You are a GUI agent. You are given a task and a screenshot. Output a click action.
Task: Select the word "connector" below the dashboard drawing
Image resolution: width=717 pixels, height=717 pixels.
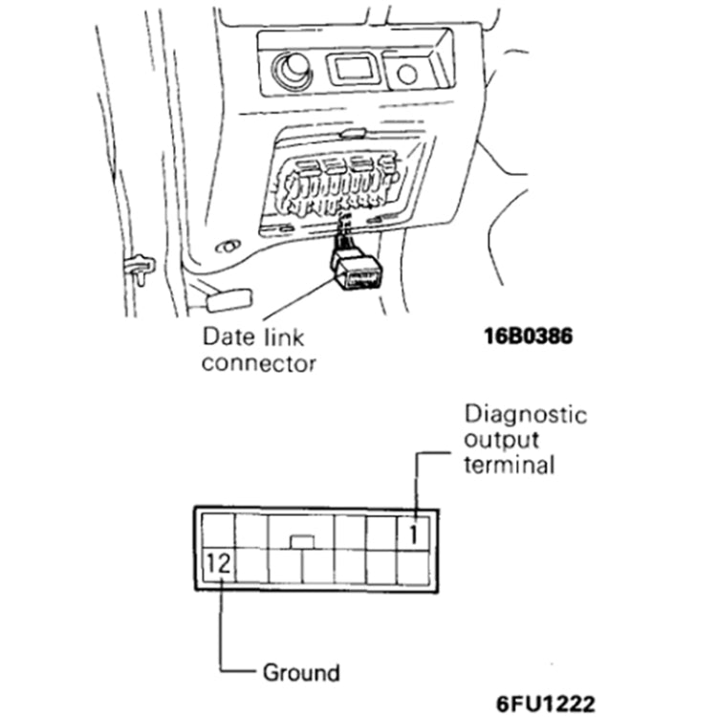point(258,363)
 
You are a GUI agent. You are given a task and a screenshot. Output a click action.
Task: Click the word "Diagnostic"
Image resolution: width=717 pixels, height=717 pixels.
point(525,415)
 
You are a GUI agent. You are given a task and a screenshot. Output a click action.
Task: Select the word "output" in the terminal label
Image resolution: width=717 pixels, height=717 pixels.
point(501,441)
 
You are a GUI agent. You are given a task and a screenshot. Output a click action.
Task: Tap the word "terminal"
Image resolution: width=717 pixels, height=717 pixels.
point(509,466)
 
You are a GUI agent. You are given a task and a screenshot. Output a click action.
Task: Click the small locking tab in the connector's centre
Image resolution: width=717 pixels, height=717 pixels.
point(302,542)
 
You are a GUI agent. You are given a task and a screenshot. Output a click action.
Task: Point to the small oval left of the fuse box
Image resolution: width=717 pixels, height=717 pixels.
point(228,248)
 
